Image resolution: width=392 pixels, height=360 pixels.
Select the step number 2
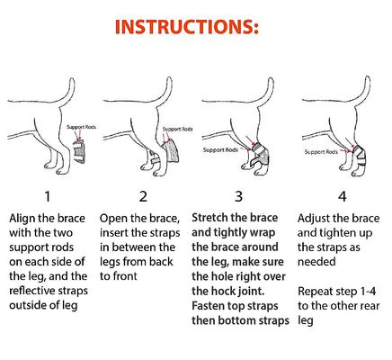click(142, 195)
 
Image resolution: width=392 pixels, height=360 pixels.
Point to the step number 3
click(238, 195)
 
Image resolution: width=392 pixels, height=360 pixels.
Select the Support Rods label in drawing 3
click(219, 150)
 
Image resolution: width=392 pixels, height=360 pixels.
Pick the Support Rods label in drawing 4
click(321, 151)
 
